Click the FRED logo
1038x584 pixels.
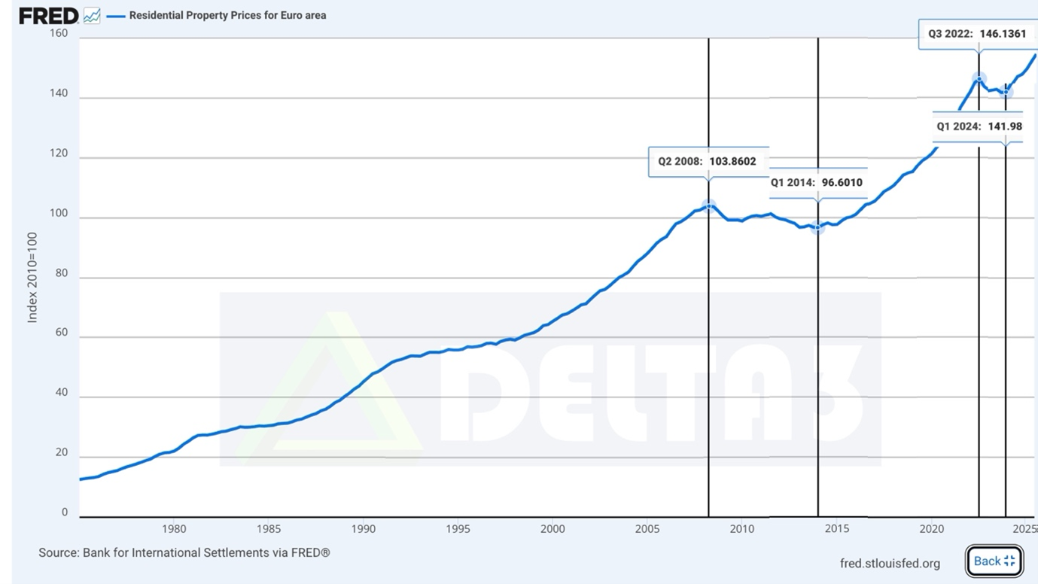(49, 16)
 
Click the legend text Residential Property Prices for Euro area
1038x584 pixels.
(227, 15)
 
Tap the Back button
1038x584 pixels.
(994, 561)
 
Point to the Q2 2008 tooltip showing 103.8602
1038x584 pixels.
(708, 161)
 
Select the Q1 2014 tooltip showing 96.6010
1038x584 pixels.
(818, 182)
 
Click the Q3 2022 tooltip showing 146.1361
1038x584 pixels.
(978, 34)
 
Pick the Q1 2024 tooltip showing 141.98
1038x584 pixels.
(978, 126)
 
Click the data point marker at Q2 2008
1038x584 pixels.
(708, 206)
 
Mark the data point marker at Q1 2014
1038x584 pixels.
(818, 227)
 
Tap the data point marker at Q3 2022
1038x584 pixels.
(979, 79)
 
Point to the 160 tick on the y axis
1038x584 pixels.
(59, 33)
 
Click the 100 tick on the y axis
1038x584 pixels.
(59, 213)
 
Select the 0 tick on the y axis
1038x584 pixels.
(65, 513)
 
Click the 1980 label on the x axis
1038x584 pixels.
(174, 529)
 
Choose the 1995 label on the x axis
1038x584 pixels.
(458, 529)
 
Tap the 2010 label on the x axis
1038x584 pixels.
(742, 529)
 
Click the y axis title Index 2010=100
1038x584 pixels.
(32, 278)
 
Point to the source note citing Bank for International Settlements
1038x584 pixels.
(184, 552)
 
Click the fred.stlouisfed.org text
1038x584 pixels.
(890, 564)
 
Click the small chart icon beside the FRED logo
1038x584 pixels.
(92, 17)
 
